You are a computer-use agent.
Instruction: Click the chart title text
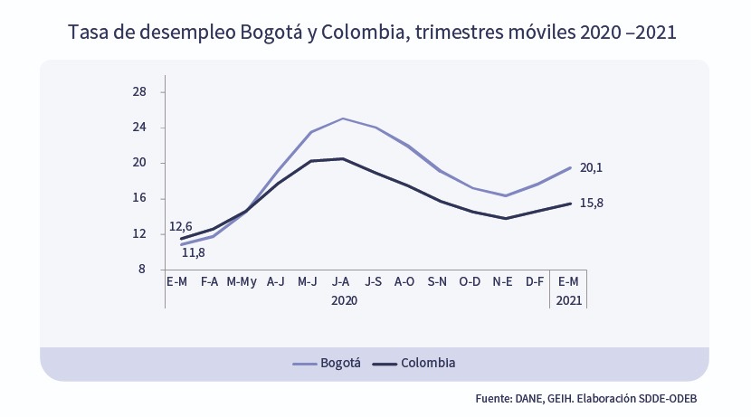[x=373, y=33]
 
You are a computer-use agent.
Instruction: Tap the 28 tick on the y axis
[x=139, y=92]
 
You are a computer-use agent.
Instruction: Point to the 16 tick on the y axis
[x=139, y=198]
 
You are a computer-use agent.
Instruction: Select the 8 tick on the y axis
[x=142, y=270]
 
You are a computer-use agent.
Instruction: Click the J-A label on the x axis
[x=340, y=282]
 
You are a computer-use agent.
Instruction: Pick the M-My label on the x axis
[x=242, y=282]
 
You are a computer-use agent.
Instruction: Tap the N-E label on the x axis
[x=502, y=282]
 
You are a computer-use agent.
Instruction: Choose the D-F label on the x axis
[x=535, y=282]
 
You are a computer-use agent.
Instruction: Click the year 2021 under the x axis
[x=568, y=299]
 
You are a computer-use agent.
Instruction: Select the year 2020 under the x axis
[x=344, y=299]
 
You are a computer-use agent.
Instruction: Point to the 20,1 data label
[x=591, y=168]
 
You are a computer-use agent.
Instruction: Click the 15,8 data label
[x=591, y=203]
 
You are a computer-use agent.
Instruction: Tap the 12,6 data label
[x=181, y=226]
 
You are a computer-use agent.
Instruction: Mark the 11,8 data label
[x=194, y=252]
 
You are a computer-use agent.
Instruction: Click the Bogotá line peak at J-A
[x=342, y=118]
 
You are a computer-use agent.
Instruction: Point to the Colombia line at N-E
[x=504, y=218]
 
